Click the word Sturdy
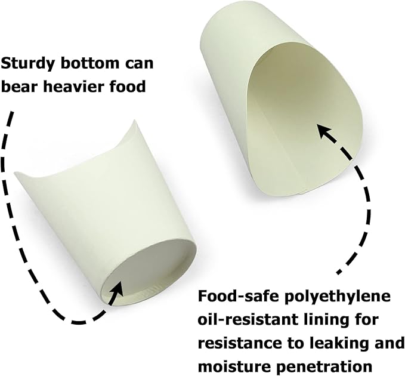[28, 64]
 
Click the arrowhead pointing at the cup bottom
[117, 289]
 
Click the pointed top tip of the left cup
[134, 120]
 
